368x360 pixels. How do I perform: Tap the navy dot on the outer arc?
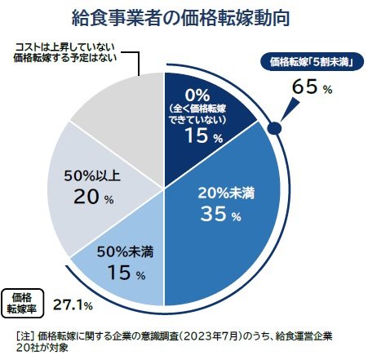click(x=275, y=127)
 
